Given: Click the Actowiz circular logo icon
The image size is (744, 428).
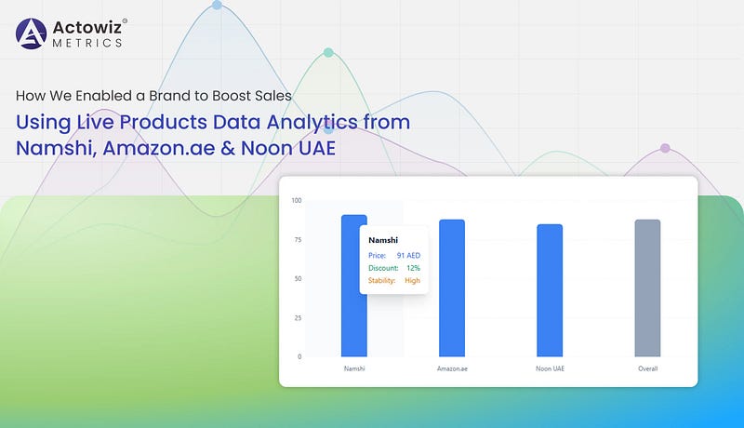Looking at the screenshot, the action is coord(32,33).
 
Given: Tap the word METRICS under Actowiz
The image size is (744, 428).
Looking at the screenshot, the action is coord(87,43).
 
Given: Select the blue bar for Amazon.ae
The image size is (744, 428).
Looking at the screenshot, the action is coord(452,288).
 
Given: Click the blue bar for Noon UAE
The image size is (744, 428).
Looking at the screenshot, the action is coord(550,290).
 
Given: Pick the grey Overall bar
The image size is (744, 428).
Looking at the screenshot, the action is coord(647,288).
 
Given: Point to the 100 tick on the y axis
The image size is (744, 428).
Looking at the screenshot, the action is coord(297,200).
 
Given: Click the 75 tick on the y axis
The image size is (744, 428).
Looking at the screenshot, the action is coord(298,240).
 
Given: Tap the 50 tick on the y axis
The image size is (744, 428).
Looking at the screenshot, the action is coord(298,278).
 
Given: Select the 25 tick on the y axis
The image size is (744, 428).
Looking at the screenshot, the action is coord(298,318).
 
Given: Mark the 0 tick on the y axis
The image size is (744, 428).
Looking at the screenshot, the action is coord(299,357).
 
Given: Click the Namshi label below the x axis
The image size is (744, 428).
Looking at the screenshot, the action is coord(354,368).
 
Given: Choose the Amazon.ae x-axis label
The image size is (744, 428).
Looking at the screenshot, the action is coord(452,368).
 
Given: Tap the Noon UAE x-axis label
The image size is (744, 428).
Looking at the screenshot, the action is coord(550,368).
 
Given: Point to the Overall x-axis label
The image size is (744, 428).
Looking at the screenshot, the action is coord(647,368).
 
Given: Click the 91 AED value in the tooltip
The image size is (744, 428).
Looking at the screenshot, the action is coord(408,255).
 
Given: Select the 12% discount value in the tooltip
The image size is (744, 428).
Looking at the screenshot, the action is coord(413,268).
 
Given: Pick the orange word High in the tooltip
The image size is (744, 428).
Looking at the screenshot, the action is coord(412,280).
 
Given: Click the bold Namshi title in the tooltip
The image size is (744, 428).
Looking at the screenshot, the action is coord(383,240).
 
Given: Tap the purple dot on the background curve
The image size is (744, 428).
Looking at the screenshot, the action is coord(665,148).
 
